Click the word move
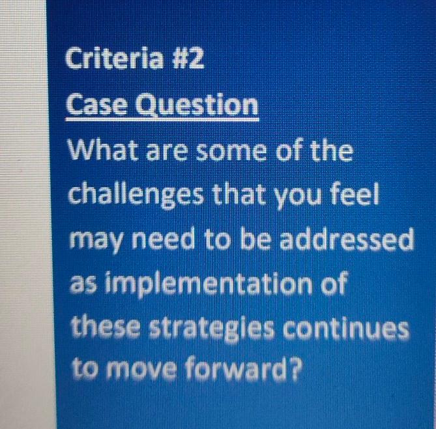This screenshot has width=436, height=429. pos(151,370)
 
